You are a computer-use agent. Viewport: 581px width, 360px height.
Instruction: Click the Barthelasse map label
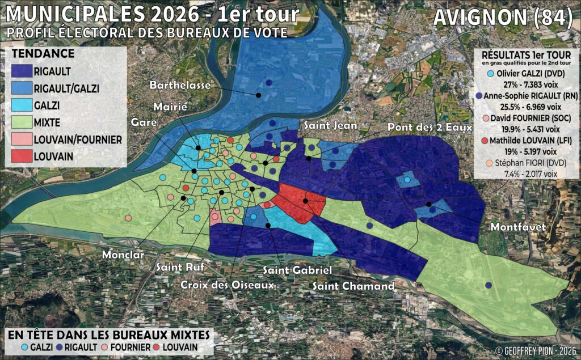coord(180,85)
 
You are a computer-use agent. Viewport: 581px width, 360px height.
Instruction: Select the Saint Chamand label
coord(353,286)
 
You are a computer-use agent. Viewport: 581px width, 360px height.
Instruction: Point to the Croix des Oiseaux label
coord(228,285)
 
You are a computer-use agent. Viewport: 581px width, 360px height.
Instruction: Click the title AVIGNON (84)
coord(503,18)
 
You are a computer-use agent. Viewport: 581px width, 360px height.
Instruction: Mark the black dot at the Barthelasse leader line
coord(258,95)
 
